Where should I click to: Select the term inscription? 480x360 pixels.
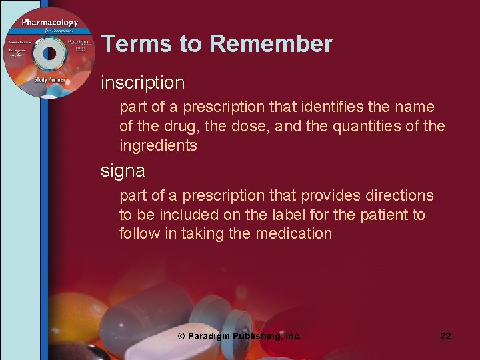pyautogui.click(x=143, y=83)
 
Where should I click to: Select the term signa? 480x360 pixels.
pyautogui.click(x=123, y=171)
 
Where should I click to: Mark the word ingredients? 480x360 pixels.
pyautogui.click(x=158, y=145)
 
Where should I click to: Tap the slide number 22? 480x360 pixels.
pyautogui.click(x=445, y=336)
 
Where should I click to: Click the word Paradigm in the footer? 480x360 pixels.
pyautogui.click(x=211, y=337)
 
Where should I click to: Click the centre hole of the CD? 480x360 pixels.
pyautogui.click(x=49, y=53)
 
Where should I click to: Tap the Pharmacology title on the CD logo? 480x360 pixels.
pyautogui.click(x=49, y=22)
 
